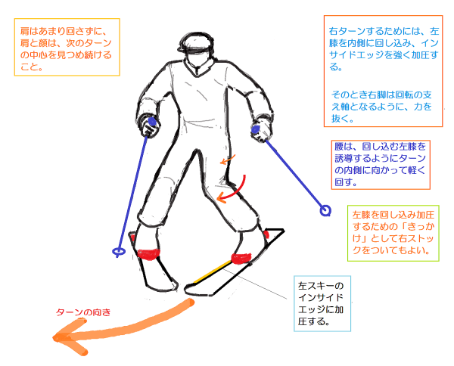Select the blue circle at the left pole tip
pos(117,252)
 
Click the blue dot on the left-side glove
pos(153,121)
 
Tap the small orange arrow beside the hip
pos(228,161)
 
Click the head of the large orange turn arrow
pos(64,339)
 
